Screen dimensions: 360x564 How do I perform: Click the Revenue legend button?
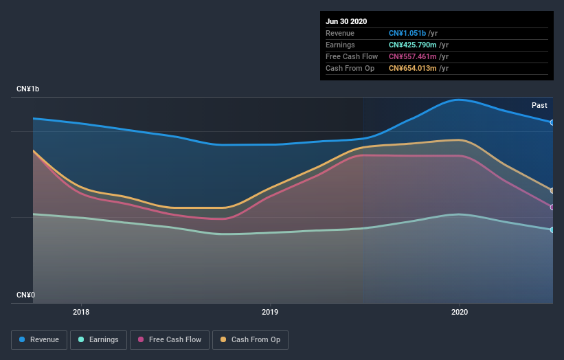pyautogui.click(x=40, y=339)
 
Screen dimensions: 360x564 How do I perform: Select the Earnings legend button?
pyautogui.click(x=99, y=339)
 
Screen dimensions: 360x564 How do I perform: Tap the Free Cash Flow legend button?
pyautogui.click(x=170, y=339)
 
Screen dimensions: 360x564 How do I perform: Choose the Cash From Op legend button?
pyautogui.click(x=251, y=339)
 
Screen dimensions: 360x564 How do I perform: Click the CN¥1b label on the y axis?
pyautogui.click(x=28, y=89)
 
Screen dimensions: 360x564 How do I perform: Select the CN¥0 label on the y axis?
pyautogui.click(x=25, y=295)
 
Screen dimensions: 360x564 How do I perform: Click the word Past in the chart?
pyautogui.click(x=539, y=105)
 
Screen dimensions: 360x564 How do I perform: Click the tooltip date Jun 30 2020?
pyautogui.click(x=346, y=21)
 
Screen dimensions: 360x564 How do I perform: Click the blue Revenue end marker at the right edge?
pyautogui.click(x=552, y=122)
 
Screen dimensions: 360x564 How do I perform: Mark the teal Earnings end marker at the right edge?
pyautogui.click(x=552, y=229)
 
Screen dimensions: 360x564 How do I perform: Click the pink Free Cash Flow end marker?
pyautogui.click(x=552, y=207)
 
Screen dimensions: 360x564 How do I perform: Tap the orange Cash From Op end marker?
pyautogui.click(x=552, y=190)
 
